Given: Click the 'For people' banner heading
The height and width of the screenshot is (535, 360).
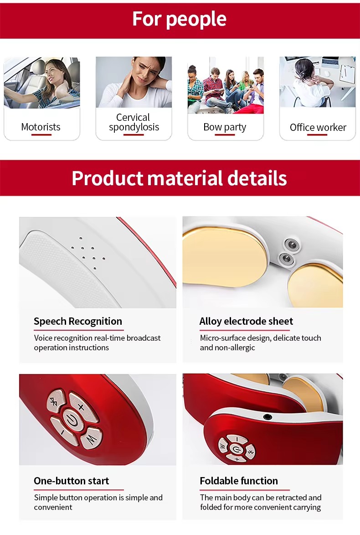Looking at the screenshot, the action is coord(180,19).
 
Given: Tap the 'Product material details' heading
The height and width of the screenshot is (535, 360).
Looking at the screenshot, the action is coord(180,178).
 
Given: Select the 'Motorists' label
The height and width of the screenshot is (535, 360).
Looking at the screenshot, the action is coord(41,127).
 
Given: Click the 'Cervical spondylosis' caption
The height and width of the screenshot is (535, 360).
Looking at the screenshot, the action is coord(134,122).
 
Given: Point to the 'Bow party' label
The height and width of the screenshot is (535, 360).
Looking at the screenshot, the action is coord(225,127).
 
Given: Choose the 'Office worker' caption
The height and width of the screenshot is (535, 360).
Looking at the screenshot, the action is coord(318,128).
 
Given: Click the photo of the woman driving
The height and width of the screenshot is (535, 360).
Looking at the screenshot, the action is coord(42,83).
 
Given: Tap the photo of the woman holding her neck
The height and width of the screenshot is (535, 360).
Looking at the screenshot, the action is coord(134,82).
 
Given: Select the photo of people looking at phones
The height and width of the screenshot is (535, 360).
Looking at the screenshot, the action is coord(226,85).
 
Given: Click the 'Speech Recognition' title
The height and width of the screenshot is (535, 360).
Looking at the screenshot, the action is coord(78,322).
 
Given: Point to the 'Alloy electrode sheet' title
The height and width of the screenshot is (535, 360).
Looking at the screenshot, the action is coord(246,322).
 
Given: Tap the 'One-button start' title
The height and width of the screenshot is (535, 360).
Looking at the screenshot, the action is coord(71,481).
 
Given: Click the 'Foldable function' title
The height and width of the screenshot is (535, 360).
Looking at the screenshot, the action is coord(239,481).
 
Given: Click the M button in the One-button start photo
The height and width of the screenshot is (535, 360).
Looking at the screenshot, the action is coord(91,438).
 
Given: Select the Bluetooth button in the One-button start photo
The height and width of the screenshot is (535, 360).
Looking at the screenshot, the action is coord(56,401).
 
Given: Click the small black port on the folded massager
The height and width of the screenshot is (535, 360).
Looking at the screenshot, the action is coord(268,416).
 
